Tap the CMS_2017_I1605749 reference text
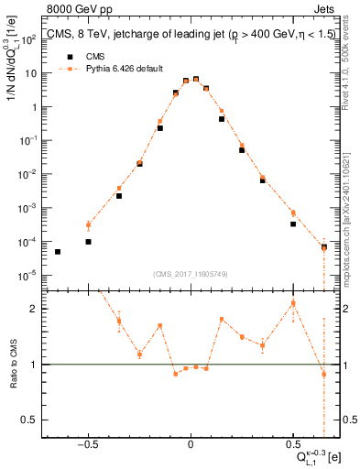[191, 274]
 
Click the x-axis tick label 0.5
[292, 442]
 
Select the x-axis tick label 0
[190, 442]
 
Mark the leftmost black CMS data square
[58, 252]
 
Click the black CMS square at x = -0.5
[88, 242]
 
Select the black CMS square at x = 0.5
[293, 224]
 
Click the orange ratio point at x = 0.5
[293, 303]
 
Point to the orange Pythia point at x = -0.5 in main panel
[88, 225]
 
